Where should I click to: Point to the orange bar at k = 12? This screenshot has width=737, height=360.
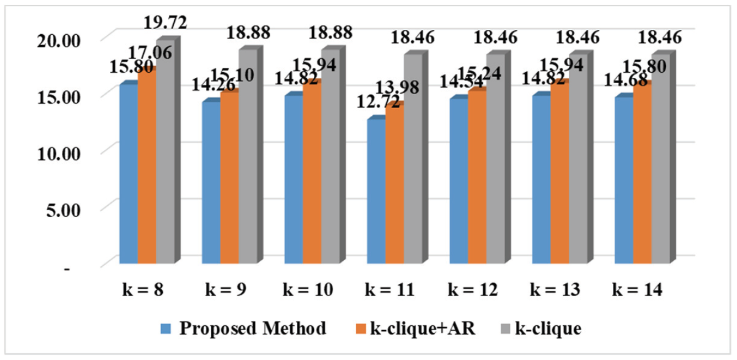tap(477, 176)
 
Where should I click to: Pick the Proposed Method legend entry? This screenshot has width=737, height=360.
tap(252, 328)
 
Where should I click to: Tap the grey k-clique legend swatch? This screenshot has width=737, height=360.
tap(506, 329)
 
